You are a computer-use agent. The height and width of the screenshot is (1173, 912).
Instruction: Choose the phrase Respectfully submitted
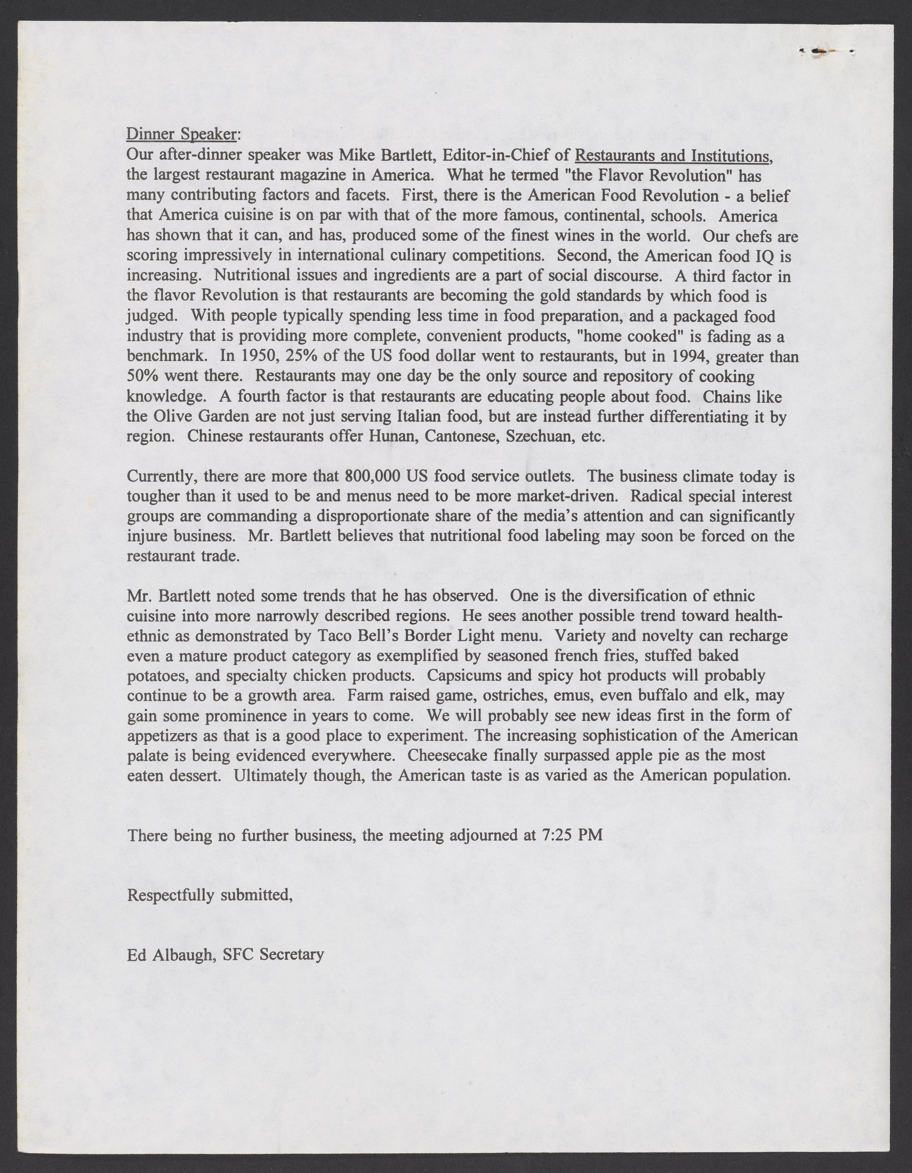(209, 895)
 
